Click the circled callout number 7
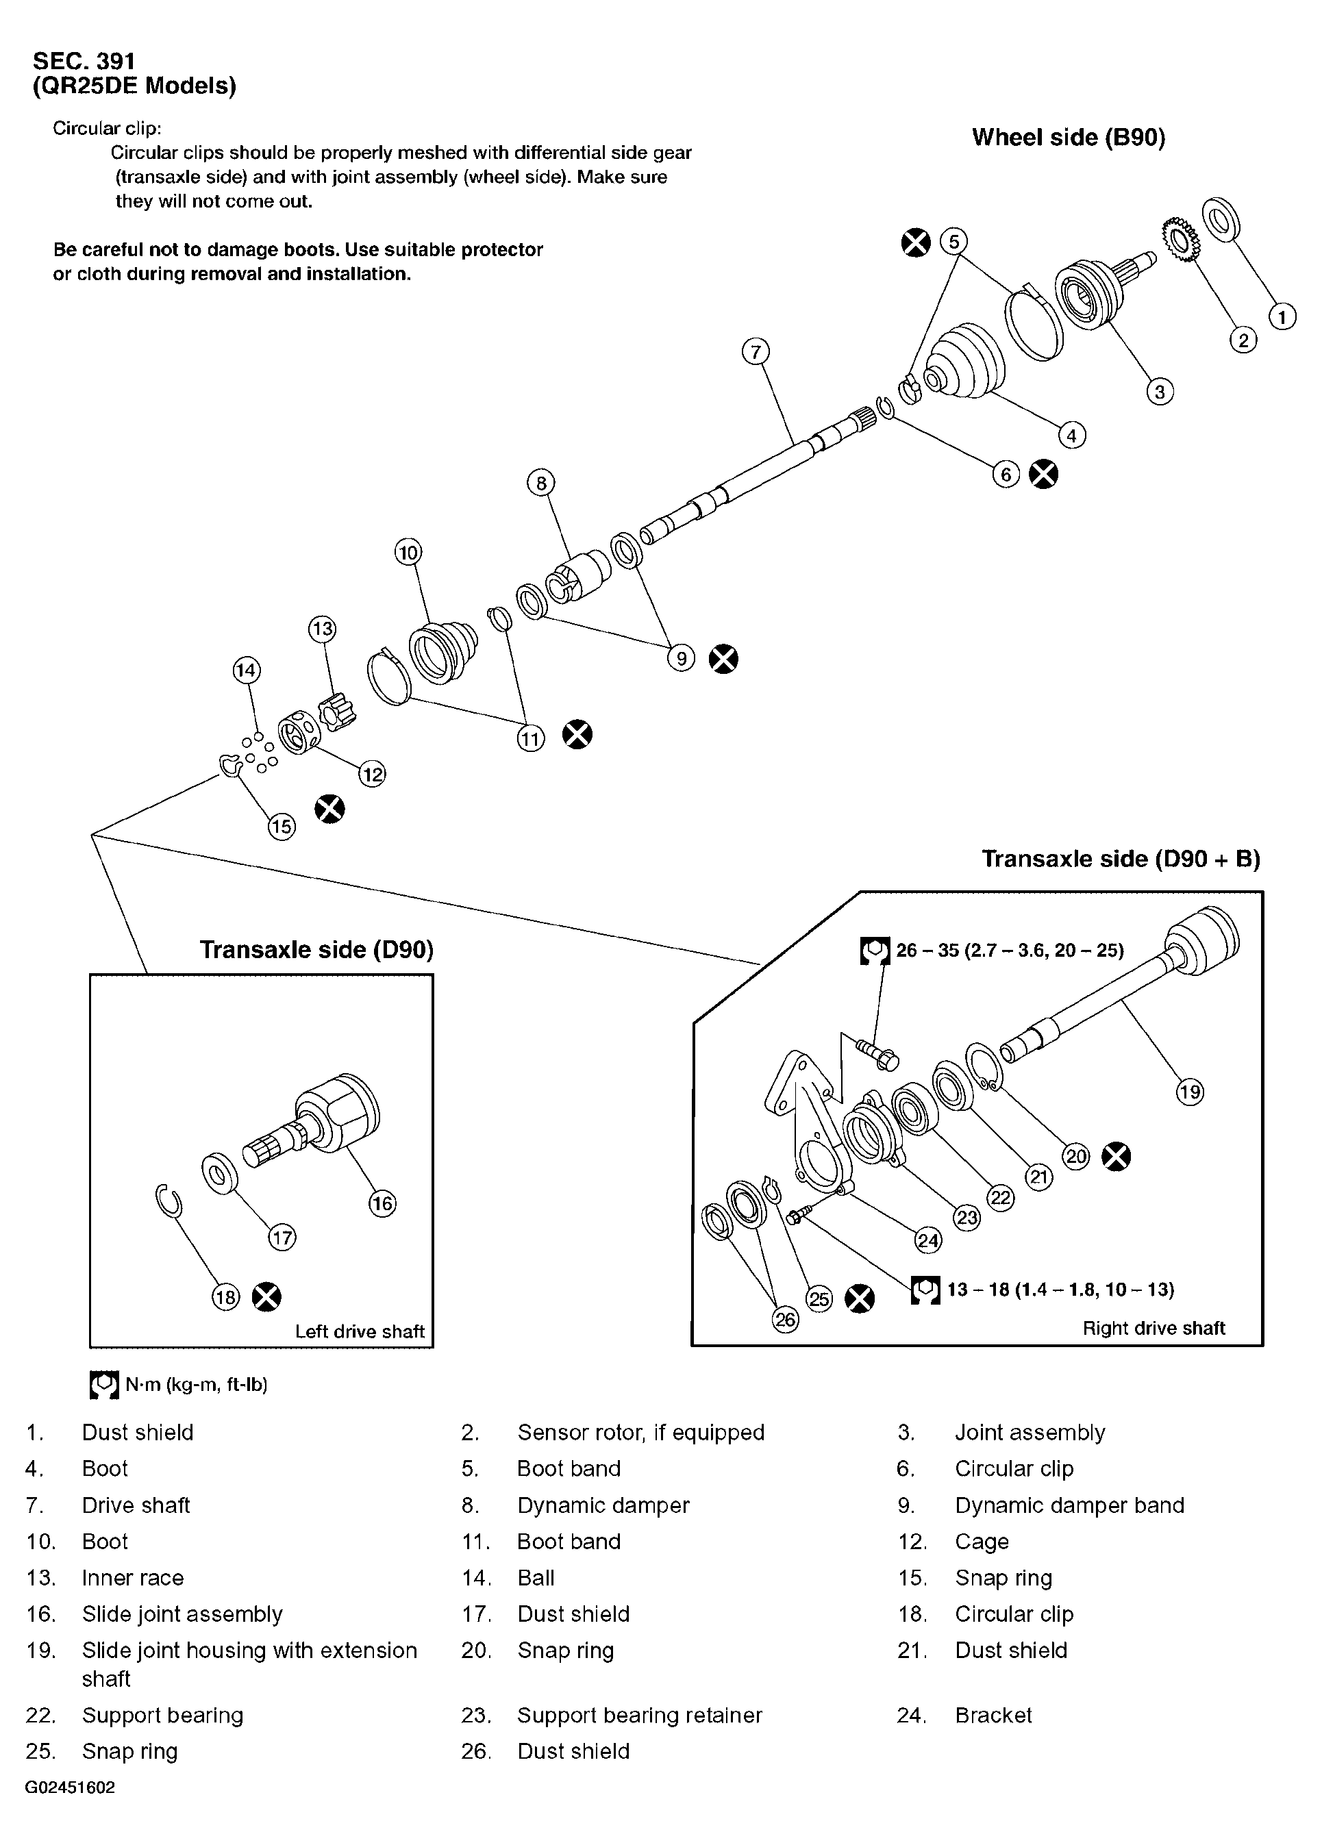click(756, 352)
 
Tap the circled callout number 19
click(1189, 1092)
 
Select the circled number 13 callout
click(322, 629)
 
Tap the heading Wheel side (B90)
click(1068, 138)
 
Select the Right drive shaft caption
click(1153, 1329)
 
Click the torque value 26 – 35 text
click(1010, 950)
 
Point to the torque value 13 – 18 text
click(1060, 1290)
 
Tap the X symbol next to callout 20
click(1117, 1157)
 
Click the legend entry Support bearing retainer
click(640, 1716)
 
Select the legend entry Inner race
click(133, 1578)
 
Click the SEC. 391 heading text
click(84, 61)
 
